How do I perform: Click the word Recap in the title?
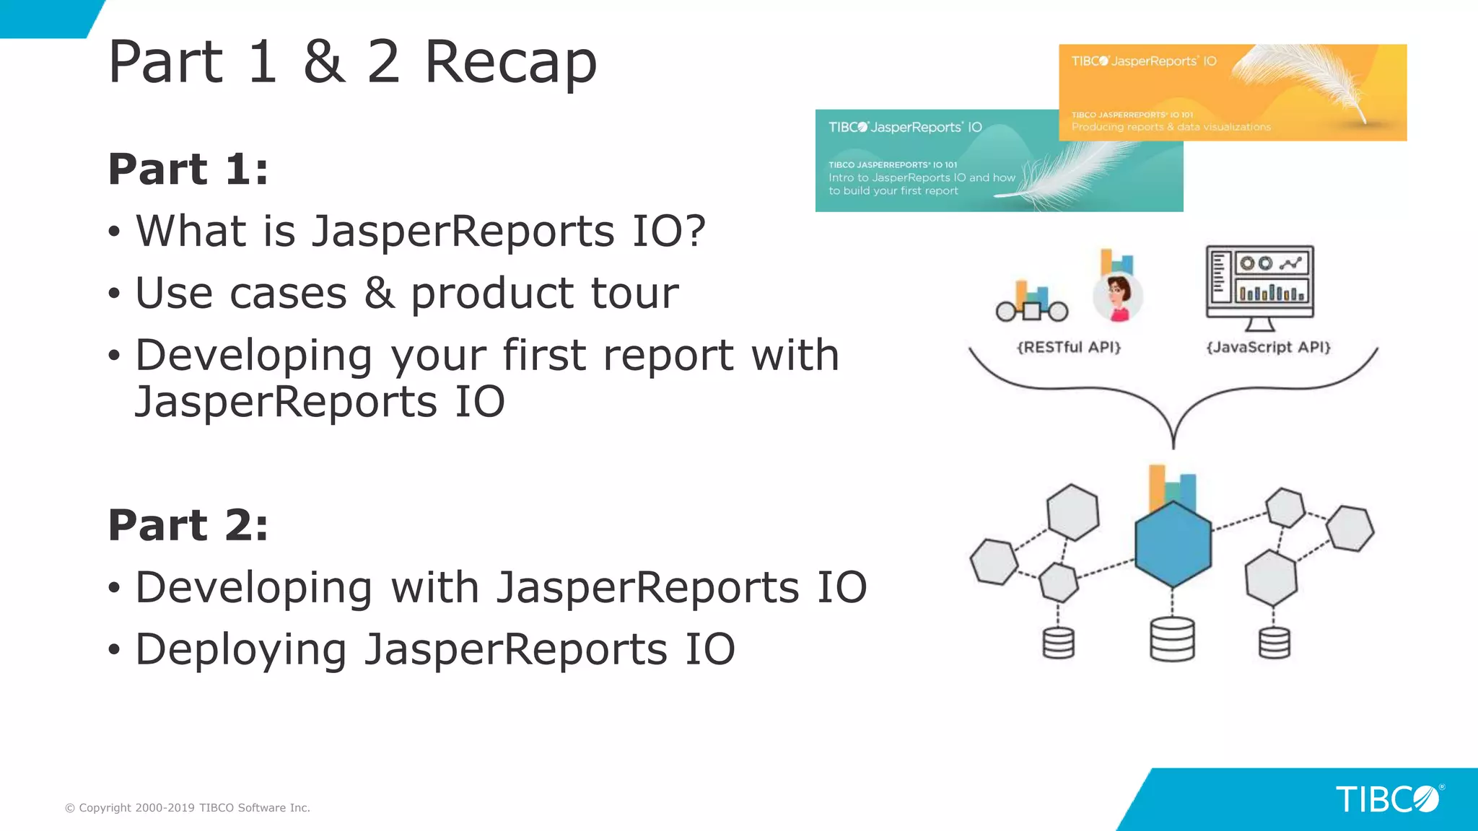coord(510,63)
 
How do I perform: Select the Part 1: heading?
coord(188,170)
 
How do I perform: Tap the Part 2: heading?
coord(188,525)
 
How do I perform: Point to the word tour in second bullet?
coord(634,294)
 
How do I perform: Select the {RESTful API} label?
coord(1069,347)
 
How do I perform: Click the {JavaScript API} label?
coord(1268,347)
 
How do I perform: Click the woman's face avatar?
coord(1118,296)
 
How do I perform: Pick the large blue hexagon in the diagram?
coord(1173,545)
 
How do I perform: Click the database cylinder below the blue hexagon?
coord(1172,639)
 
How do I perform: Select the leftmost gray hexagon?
coord(994,561)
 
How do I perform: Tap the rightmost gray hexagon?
coord(1350,528)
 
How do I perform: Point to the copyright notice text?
coord(188,808)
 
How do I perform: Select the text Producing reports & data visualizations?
coord(1171,127)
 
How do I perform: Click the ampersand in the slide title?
coord(323,63)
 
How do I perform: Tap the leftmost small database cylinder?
coord(1058,643)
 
